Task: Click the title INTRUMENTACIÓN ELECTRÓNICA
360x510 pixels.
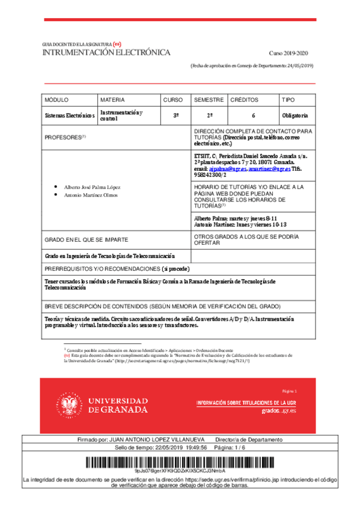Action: pos(106,52)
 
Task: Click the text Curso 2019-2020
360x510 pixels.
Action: pos(291,54)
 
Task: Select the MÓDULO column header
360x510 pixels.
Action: pos(57,100)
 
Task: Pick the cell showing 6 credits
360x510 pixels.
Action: pos(254,115)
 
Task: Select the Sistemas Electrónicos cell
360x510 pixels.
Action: pos(70,115)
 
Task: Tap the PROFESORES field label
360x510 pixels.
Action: pos(66,137)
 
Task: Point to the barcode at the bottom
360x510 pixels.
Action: pos(180,462)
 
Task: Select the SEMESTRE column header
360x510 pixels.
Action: pos(209,100)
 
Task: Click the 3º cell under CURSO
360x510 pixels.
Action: pos(176,115)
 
